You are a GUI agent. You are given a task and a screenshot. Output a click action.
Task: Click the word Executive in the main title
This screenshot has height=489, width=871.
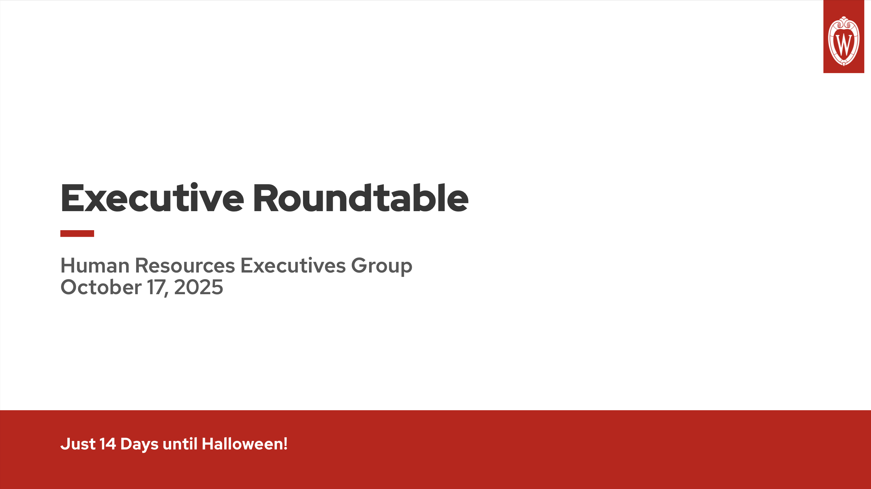(152, 198)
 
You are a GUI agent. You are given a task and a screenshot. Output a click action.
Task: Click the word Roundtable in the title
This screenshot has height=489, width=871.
(360, 198)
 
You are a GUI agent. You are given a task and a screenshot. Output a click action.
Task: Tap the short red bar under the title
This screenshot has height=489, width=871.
(77, 233)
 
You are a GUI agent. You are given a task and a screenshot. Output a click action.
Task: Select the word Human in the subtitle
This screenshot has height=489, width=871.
(95, 266)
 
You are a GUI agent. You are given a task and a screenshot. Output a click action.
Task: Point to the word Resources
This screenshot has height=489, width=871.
(185, 266)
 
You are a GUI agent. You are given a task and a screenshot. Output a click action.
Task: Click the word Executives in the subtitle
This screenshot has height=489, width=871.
(293, 266)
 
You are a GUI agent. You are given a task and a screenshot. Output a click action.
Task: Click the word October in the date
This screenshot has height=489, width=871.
(101, 287)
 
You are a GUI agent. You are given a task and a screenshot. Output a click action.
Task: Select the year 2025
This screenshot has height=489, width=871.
(199, 287)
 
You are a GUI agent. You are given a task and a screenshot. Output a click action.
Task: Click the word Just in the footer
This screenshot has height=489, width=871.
(78, 444)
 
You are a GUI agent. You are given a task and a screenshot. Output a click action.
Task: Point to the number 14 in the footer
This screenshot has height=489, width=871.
(107, 444)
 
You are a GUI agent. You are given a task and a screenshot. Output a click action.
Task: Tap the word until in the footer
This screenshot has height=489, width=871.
(180, 444)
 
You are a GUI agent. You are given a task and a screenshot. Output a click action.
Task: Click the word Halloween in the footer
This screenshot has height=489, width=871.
(242, 444)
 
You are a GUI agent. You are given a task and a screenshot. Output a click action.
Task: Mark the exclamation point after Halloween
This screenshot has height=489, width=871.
(286, 444)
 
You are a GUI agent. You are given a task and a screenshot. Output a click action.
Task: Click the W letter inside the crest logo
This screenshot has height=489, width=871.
(844, 44)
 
